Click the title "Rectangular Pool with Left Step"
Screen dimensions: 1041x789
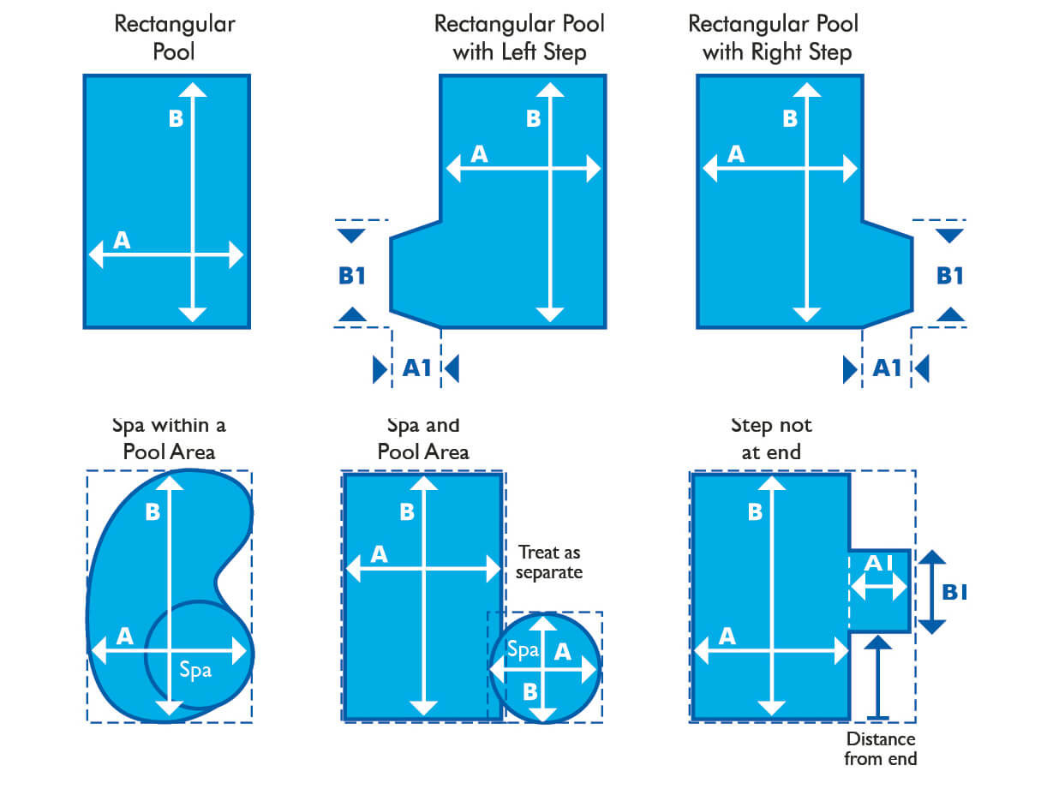[x=519, y=38]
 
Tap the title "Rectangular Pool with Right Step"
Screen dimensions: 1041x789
[x=773, y=38]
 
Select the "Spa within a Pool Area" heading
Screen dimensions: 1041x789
[x=169, y=439]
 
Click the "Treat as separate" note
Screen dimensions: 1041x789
[x=549, y=562]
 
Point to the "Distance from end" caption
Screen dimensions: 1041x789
[x=880, y=749]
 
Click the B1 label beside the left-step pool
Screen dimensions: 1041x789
[x=351, y=276]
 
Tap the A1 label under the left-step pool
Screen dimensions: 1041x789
[x=416, y=368]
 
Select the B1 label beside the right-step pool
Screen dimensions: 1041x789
[x=950, y=276]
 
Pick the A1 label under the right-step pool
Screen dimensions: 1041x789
[x=887, y=368]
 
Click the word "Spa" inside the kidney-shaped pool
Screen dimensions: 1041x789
[x=195, y=670]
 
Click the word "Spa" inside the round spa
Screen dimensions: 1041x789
[x=523, y=649]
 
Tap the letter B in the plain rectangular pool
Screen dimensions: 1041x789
[x=176, y=118]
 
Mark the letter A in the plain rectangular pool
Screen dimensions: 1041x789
[x=122, y=241]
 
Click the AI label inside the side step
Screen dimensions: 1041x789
[x=878, y=564]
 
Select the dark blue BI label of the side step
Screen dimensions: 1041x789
[x=954, y=592]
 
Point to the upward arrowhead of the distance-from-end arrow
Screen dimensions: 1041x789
[x=878, y=643]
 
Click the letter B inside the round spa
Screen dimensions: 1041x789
[x=530, y=692]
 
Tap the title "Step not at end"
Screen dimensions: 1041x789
[x=771, y=439]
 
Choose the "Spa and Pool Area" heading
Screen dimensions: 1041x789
[x=423, y=439]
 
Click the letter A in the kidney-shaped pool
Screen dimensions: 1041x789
[x=125, y=637]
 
